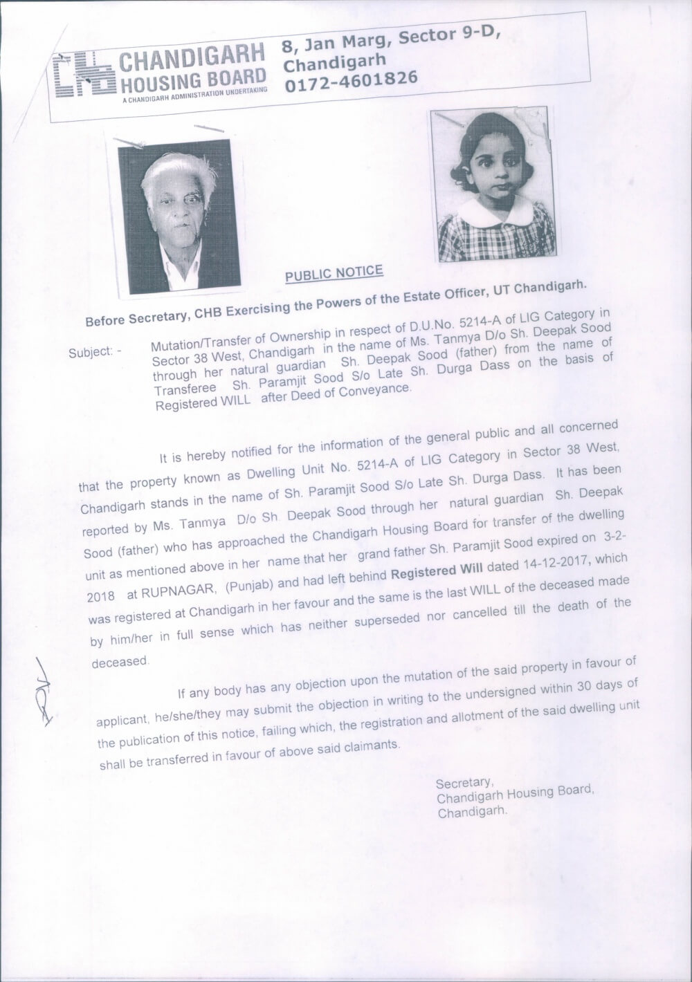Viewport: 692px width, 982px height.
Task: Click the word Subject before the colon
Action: pos(90,351)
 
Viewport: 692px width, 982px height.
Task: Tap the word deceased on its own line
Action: pos(120,661)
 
